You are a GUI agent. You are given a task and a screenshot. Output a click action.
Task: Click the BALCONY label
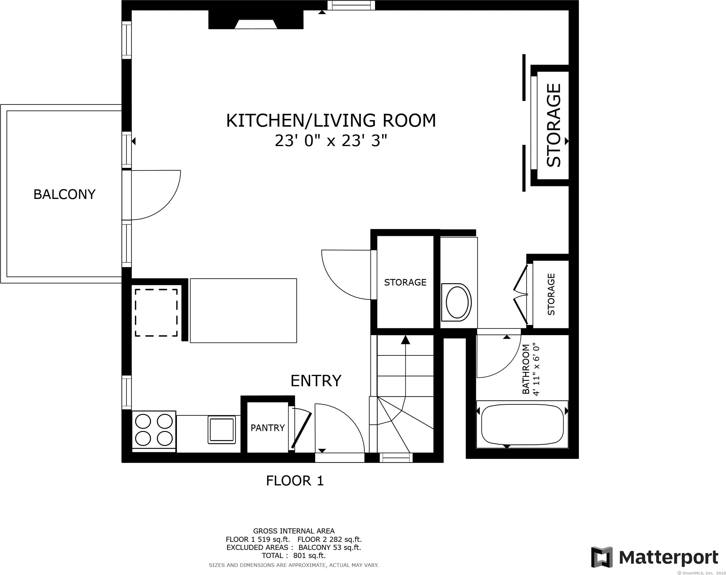pyautogui.click(x=64, y=194)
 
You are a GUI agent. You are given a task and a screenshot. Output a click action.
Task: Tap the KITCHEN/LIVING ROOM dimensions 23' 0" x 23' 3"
pyautogui.click(x=331, y=141)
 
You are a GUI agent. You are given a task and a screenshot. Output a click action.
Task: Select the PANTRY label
pyautogui.click(x=268, y=427)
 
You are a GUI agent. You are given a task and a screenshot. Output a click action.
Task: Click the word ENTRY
pyautogui.click(x=316, y=381)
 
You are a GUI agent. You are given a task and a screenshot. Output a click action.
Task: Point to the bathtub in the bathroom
pyautogui.click(x=522, y=424)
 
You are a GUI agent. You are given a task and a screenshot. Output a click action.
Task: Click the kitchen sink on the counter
pyautogui.click(x=222, y=430)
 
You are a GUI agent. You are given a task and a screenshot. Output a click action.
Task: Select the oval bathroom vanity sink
pyautogui.click(x=457, y=302)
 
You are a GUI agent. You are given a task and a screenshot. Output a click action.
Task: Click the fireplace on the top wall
pyautogui.click(x=256, y=19)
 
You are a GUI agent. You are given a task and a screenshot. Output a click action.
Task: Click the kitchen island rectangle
pyautogui.click(x=243, y=310)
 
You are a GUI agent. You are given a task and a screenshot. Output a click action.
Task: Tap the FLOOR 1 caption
pyautogui.click(x=295, y=480)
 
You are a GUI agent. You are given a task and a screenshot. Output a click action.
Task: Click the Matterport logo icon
pyautogui.click(x=602, y=557)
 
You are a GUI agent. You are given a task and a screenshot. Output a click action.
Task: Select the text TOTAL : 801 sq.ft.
pyautogui.click(x=294, y=556)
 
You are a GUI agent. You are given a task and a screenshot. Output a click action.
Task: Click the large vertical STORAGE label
pyautogui.click(x=554, y=125)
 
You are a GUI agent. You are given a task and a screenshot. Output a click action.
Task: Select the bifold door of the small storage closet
pyautogui.click(x=520, y=295)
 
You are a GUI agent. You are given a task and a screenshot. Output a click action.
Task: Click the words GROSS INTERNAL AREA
pyautogui.click(x=294, y=531)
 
